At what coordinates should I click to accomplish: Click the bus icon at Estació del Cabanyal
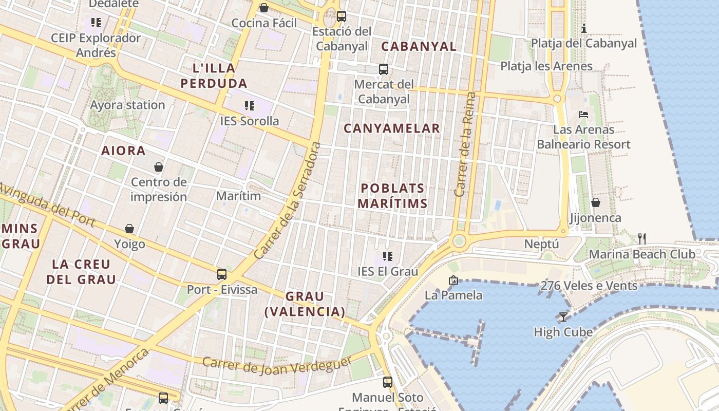[x=342, y=16]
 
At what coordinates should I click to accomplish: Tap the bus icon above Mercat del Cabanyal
[x=383, y=69]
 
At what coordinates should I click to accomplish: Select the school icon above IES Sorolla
[x=250, y=106]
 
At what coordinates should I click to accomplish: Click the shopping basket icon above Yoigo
[x=129, y=229]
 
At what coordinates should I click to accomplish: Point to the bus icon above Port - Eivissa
[x=222, y=274]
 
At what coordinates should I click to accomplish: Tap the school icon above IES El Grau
[x=388, y=256]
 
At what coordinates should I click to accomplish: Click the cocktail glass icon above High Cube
[x=563, y=316]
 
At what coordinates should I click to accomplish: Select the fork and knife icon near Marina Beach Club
[x=641, y=238]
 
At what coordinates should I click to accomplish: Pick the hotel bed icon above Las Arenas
[x=583, y=114]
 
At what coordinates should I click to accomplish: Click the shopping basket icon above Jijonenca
[x=595, y=203]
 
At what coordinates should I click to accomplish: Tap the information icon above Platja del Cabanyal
[x=584, y=28]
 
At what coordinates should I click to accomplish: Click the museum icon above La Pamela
[x=453, y=280]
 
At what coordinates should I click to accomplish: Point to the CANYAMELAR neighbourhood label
[x=392, y=128]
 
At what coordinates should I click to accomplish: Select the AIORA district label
[x=124, y=151]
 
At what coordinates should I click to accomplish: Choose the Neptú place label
[x=541, y=244]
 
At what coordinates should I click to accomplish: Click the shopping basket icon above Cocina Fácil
[x=263, y=8]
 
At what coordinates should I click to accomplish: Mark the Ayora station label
[x=127, y=105]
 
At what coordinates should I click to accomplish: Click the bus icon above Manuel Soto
[x=388, y=382]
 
